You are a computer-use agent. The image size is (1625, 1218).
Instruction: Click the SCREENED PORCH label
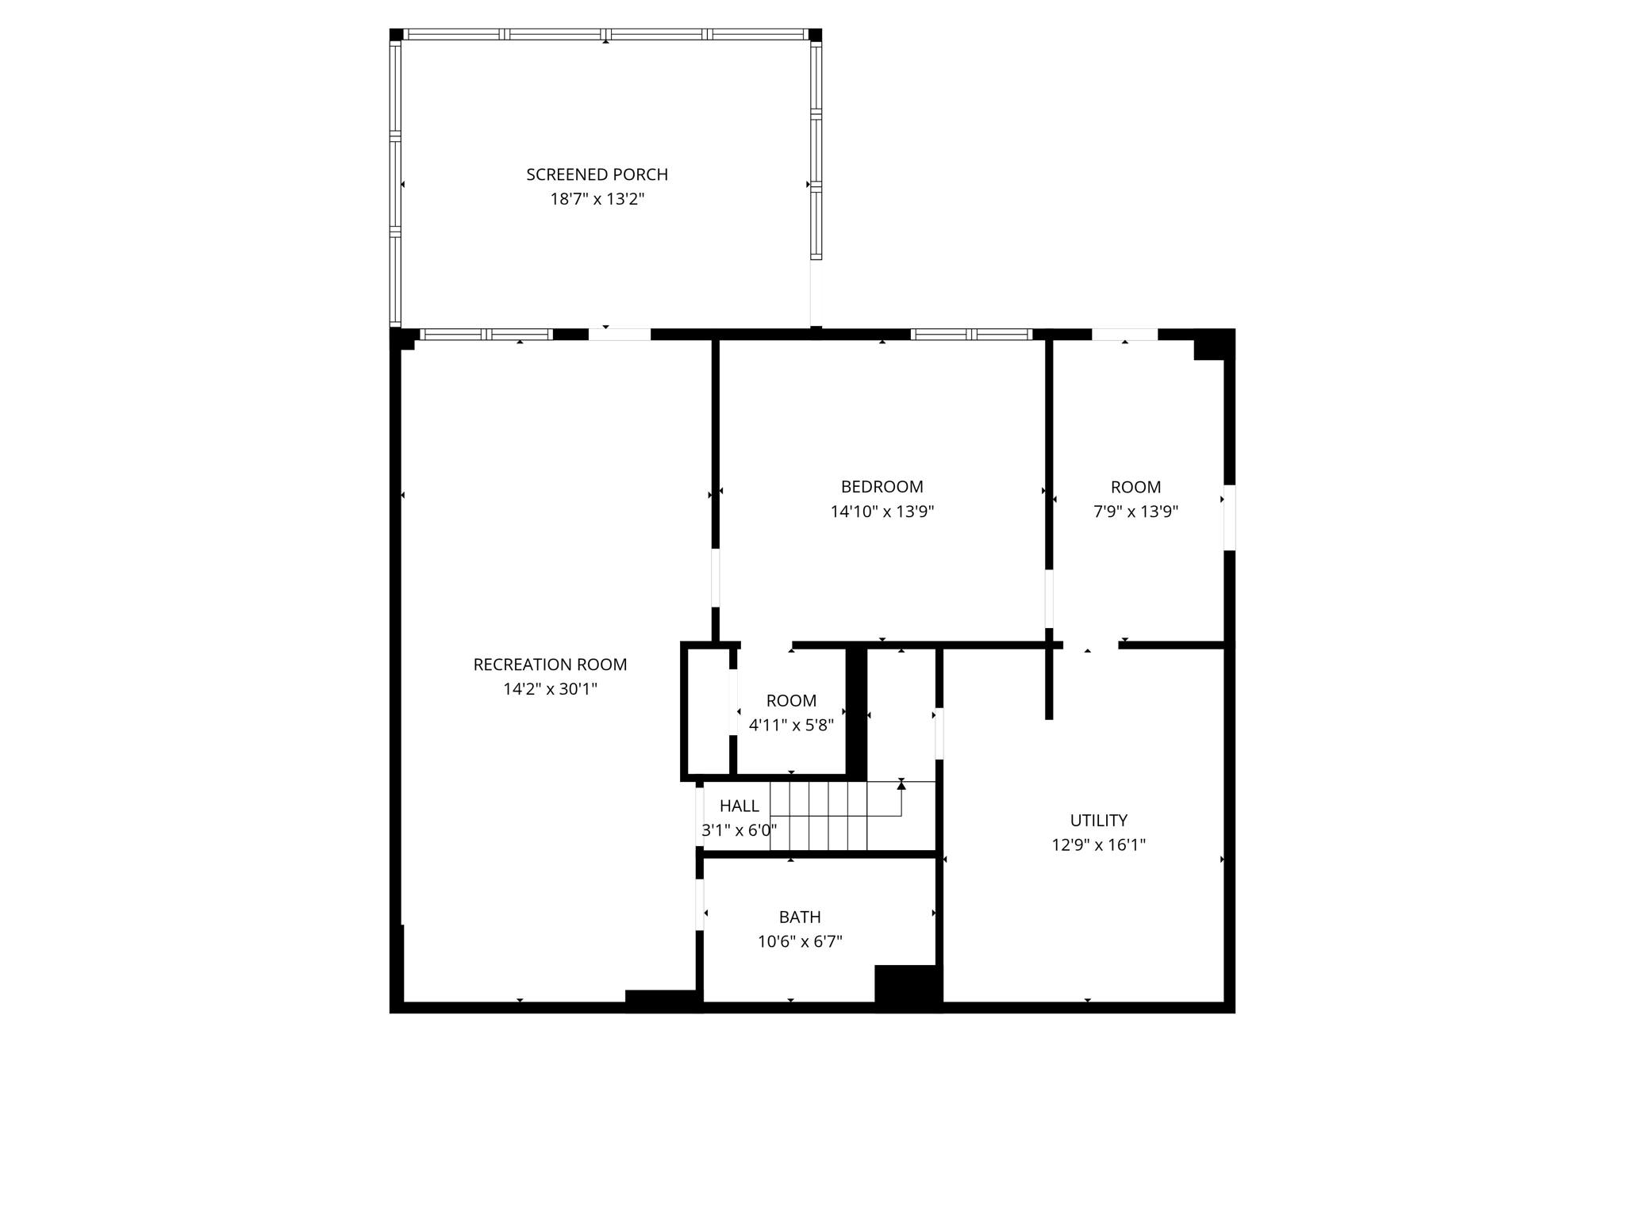click(x=597, y=174)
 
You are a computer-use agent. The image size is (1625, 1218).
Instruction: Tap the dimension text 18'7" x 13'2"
click(x=597, y=199)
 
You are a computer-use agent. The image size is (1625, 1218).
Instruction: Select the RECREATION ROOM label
click(x=550, y=665)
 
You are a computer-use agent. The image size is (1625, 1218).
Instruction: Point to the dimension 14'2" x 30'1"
click(x=550, y=689)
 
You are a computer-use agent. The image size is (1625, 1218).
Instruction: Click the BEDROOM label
click(x=882, y=487)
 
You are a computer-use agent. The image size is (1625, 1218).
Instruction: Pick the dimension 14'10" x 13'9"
click(x=882, y=511)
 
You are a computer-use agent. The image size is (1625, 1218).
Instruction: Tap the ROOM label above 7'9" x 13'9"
click(x=1135, y=488)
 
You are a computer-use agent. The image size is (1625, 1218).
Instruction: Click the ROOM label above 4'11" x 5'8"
click(x=791, y=701)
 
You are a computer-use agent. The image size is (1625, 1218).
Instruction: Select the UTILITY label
click(x=1098, y=821)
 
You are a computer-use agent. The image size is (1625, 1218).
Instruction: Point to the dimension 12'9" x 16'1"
click(x=1098, y=845)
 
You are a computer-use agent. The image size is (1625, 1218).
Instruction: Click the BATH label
click(x=799, y=917)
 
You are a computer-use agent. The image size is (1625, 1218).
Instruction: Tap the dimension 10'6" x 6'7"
click(x=799, y=942)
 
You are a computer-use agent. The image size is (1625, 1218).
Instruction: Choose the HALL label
click(x=739, y=806)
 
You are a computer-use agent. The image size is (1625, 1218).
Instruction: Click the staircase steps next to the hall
click(x=829, y=817)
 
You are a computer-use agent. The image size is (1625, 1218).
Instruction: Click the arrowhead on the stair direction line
click(x=901, y=785)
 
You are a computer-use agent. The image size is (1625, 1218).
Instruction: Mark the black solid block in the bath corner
click(x=907, y=986)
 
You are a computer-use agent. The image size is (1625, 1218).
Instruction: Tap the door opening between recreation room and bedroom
click(x=715, y=577)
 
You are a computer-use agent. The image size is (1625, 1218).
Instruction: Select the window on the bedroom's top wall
click(x=971, y=335)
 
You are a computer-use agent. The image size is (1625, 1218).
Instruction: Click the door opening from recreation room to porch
click(x=619, y=335)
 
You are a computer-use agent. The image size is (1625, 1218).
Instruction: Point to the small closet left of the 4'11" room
click(x=707, y=710)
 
